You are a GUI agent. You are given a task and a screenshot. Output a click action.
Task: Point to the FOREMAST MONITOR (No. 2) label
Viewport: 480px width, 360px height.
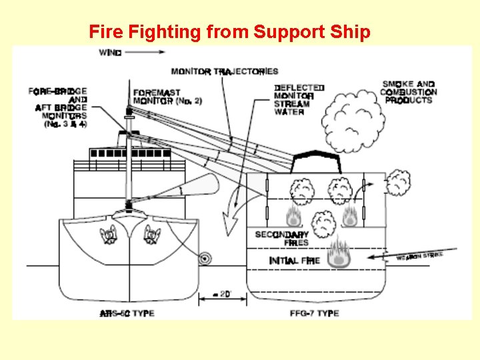pos(158,97)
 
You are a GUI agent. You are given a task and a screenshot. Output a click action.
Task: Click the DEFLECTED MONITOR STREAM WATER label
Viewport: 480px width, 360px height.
pos(299,100)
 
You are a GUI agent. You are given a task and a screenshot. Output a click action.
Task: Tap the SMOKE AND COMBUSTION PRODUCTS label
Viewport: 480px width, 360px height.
pos(409,92)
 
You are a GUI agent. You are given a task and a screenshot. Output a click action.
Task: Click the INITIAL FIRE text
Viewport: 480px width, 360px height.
pos(294,260)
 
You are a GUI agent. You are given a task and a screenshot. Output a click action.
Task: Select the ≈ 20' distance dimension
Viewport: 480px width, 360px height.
pos(223,293)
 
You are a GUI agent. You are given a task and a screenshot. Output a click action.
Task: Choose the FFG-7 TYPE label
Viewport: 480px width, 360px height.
pos(315,313)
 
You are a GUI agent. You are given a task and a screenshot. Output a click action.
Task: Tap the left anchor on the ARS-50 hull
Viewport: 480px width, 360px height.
pos(109,234)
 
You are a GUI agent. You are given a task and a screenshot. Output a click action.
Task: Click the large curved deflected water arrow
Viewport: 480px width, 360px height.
pos(233,203)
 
